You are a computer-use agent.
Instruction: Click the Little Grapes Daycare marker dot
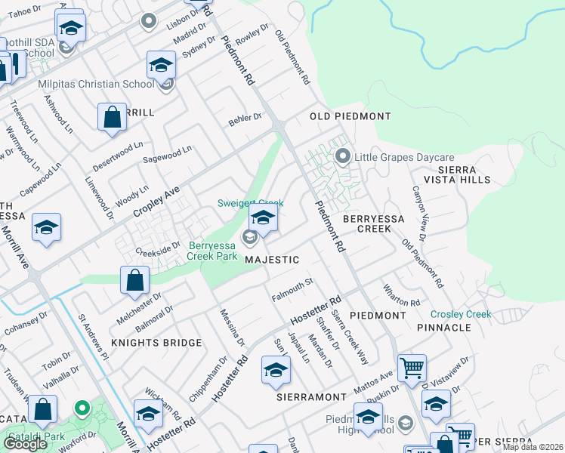(x=342, y=157)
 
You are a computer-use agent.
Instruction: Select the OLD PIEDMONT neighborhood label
(x=350, y=116)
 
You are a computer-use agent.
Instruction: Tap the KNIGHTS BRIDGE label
(x=156, y=343)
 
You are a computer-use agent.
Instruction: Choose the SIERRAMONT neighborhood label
(x=311, y=396)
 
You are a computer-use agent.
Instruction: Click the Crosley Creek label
(x=461, y=314)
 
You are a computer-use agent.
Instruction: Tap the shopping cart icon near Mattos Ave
(x=412, y=368)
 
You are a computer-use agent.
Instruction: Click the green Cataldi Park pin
(x=82, y=409)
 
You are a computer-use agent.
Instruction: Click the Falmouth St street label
(x=292, y=288)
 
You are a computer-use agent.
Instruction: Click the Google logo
(x=25, y=444)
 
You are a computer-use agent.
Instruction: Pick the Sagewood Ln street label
(x=167, y=155)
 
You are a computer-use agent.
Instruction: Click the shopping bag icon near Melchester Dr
(x=134, y=280)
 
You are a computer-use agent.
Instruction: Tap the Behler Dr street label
(x=245, y=119)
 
